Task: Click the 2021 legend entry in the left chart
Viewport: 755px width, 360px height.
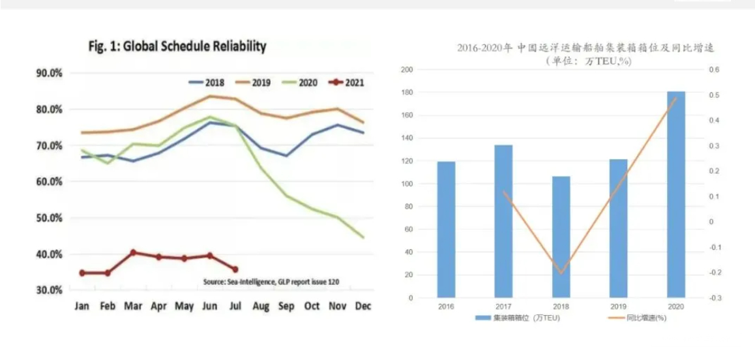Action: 346,83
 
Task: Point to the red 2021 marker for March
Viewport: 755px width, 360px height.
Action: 133,252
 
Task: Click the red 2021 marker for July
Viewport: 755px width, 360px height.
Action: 235,269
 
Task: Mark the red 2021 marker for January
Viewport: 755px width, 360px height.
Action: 82,273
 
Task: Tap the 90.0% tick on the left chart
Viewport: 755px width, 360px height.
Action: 49,73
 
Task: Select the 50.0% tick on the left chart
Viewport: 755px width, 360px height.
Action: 49,218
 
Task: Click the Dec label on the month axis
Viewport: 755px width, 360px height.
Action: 363,305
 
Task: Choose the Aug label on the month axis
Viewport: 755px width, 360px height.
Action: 261,305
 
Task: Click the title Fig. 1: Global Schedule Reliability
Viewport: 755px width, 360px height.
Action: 177,46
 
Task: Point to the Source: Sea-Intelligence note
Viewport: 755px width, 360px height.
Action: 271,282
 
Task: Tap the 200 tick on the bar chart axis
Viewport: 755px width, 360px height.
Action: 407,70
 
